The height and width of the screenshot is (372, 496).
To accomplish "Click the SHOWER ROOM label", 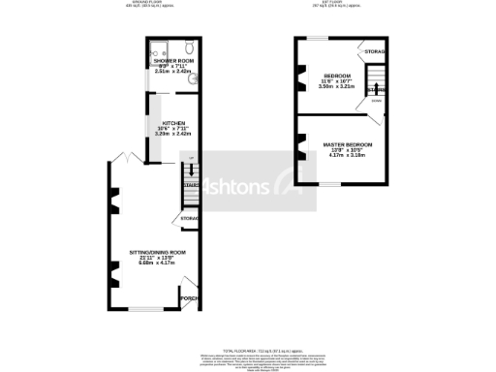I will [174, 60].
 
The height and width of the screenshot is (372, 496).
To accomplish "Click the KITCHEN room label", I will [174, 122].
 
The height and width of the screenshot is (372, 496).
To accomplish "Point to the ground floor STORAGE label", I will [190, 219].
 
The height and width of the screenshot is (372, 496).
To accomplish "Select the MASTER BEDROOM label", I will [347, 144].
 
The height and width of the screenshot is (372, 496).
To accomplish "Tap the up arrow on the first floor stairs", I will [377, 90].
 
